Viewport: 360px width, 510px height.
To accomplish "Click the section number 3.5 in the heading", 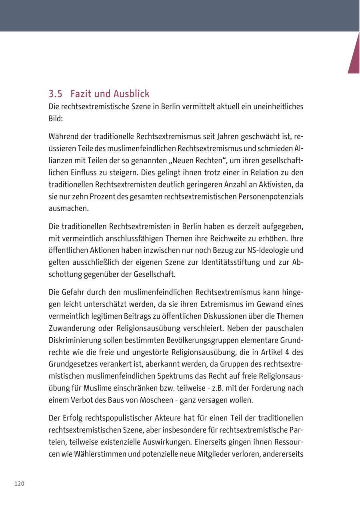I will click(x=56, y=94).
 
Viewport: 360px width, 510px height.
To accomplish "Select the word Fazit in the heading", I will click(x=81, y=94).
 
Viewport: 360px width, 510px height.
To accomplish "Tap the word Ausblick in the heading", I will click(x=130, y=94).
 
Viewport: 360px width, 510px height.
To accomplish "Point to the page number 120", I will click(x=19, y=484).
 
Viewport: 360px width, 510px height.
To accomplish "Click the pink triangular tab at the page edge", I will click(x=355, y=56).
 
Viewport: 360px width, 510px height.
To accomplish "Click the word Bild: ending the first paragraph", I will click(x=56, y=119).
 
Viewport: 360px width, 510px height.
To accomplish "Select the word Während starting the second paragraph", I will click(x=64, y=137).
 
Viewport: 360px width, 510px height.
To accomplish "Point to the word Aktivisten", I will click(x=275, y=185).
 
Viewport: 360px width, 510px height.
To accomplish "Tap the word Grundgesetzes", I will click(x=74, y=364).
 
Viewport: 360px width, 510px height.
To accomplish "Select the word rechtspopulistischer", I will click(x=111, y=418).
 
